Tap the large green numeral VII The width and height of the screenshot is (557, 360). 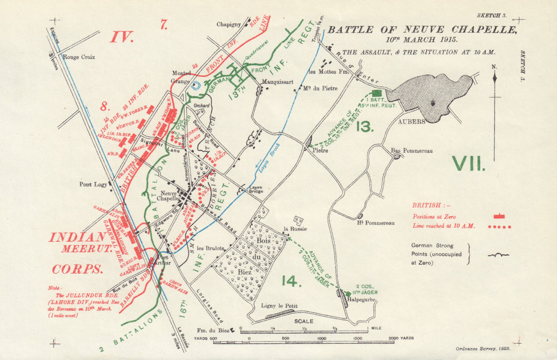469,163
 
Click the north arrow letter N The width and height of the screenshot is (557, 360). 495,67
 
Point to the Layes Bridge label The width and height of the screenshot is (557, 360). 255,190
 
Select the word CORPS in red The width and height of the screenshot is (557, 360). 78,269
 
